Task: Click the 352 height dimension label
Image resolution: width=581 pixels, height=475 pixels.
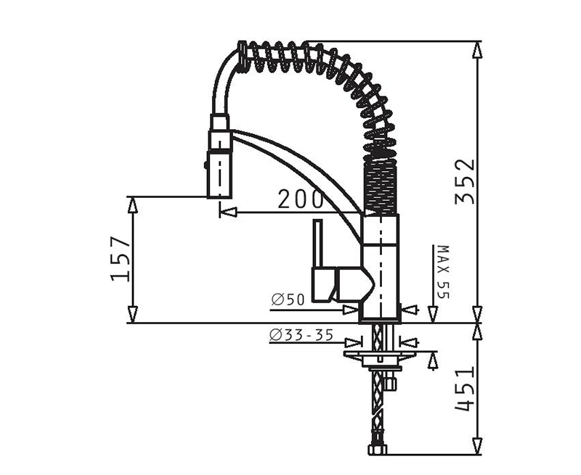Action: point(465,181)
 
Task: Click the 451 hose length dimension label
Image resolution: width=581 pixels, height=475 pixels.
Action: point(465,389)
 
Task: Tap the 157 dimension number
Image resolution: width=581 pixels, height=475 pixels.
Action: point(121,258)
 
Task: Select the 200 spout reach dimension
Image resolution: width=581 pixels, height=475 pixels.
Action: point(301,199)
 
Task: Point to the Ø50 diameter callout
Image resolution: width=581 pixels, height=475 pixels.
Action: point(288,300)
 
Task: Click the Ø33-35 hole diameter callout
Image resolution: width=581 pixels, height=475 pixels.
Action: point(301,335)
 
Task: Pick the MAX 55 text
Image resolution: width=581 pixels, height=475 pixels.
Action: point(443,271)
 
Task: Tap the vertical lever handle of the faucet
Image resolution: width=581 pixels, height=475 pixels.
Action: point(318,244)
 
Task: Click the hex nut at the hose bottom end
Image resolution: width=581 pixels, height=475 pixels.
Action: point(378,450)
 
